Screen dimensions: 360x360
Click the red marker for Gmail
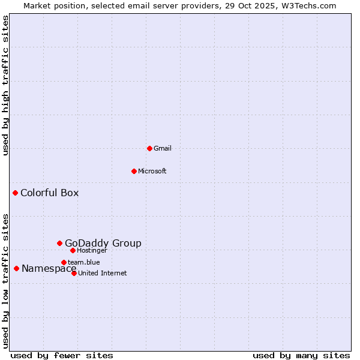149,148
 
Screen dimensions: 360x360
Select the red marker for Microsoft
134,171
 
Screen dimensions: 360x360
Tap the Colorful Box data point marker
15,193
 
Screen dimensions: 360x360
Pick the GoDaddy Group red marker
59,243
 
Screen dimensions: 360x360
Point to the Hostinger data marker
73,250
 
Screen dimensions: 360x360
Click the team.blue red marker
64,262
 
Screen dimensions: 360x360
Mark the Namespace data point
16,268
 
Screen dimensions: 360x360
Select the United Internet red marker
74,273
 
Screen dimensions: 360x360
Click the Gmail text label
163,148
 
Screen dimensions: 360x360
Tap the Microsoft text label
152,171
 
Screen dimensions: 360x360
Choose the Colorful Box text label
49,193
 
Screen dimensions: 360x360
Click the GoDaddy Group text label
103,243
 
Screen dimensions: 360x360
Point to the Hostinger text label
92,250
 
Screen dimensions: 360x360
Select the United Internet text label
102,273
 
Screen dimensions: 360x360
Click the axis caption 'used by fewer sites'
62,355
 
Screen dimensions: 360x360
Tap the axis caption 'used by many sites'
301,355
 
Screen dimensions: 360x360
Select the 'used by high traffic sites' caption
5,86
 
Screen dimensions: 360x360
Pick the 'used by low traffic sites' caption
5,280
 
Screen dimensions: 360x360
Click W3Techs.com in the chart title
310,5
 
